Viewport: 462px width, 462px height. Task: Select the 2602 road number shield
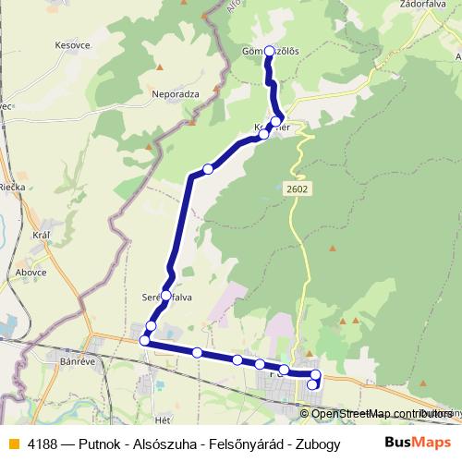point(298,188)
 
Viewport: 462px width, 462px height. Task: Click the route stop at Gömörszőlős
point(270,52)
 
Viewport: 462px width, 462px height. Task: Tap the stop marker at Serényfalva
point(166,296)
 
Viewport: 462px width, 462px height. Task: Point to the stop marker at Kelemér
point(264,134)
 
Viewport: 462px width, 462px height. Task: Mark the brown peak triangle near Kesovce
point(160,67)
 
